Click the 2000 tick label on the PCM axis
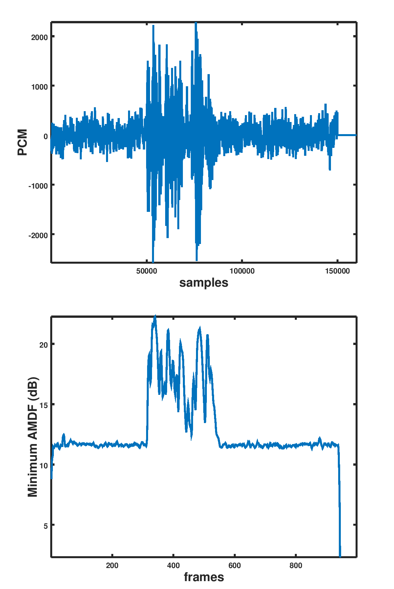[39, 37]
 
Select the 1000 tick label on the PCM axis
[39, 87]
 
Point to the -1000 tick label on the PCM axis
[38, 186]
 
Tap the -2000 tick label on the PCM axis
[38, 235]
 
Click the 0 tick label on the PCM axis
[45, 136]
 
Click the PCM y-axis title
[22, 142]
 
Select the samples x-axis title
[204, 283]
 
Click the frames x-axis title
[204, 577]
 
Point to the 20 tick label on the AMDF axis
[44, 345]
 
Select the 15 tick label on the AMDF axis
[44, 405]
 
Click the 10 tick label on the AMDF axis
[44, 465]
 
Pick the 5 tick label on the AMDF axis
[46, 526]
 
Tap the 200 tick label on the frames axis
[112, 566]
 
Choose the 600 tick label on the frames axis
[234, 566]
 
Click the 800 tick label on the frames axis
[296, 566]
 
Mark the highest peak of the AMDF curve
[155, 316]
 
